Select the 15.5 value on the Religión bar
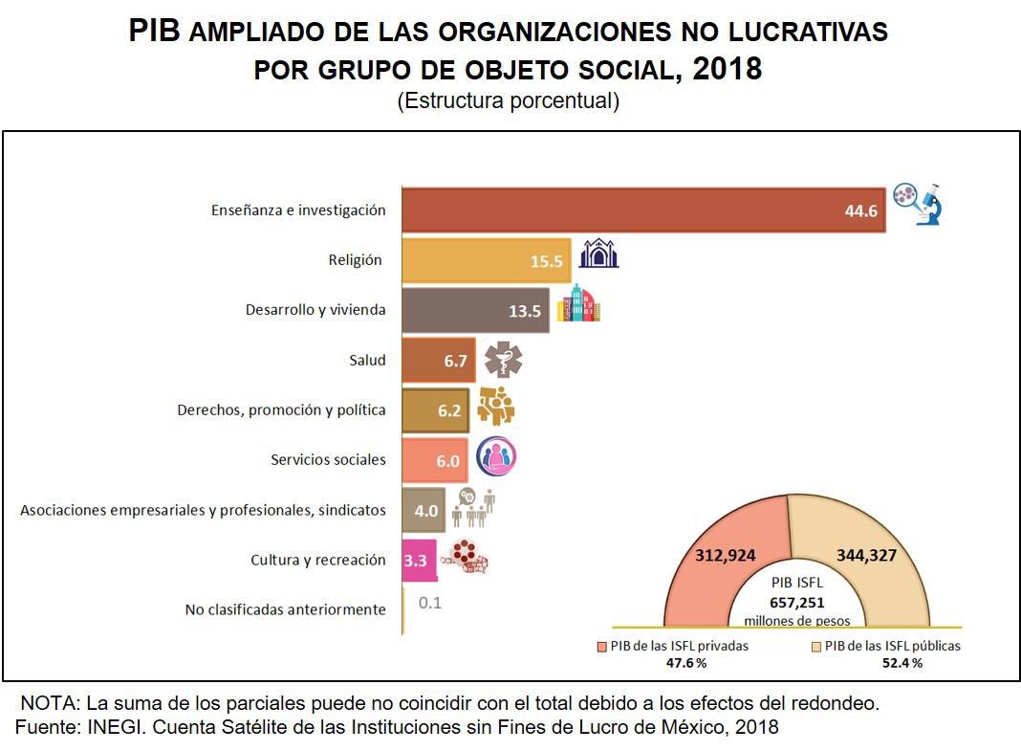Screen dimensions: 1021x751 [x=549, y=260]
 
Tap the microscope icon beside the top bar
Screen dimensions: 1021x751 [x=919, y=203]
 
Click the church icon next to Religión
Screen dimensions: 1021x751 [x=599, y=254]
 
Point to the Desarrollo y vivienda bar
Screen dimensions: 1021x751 [x=475, y=310]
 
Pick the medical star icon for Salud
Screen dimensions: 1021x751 [x=503, y=361]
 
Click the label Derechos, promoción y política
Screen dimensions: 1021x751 [x=281, y=410]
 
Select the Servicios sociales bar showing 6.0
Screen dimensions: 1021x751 [x=435, y=460]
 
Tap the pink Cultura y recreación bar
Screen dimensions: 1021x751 [x=419, y=561]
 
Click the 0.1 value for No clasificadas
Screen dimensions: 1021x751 [x=430, y=604]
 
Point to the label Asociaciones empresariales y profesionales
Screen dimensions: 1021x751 [x=203, y=511]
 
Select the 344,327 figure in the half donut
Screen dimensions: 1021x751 [x=866, y=555]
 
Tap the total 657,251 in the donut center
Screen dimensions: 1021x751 [x=796, y=604]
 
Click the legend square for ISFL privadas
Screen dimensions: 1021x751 [x=602, y=646]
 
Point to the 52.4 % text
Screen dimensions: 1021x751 [x=902, y=663]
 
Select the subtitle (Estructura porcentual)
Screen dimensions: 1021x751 [x=509, y=101]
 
